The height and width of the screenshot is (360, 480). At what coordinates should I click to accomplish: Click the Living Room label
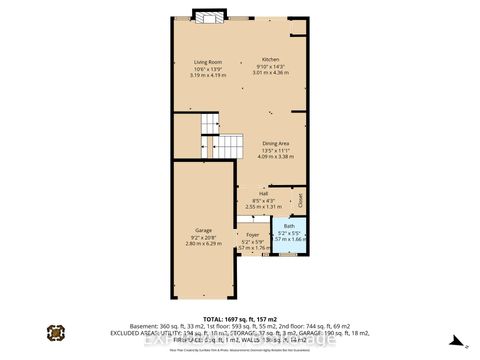coord(208,62)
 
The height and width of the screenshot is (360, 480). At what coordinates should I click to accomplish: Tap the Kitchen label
coord(270,59)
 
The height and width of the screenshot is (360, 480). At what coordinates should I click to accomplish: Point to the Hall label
coord(263,194)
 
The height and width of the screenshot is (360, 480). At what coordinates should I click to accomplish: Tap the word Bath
coord(289,226)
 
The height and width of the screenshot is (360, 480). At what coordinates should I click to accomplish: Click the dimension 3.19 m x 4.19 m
coord(208,74)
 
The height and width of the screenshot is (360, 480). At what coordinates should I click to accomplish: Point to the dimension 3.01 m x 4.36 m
coord(270,71)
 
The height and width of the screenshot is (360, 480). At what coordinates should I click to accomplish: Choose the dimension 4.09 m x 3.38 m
coord(276,156)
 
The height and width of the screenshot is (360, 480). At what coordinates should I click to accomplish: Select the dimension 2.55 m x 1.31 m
coord(263,206)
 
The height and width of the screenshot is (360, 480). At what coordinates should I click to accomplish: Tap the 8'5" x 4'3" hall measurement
coord(263,200)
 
